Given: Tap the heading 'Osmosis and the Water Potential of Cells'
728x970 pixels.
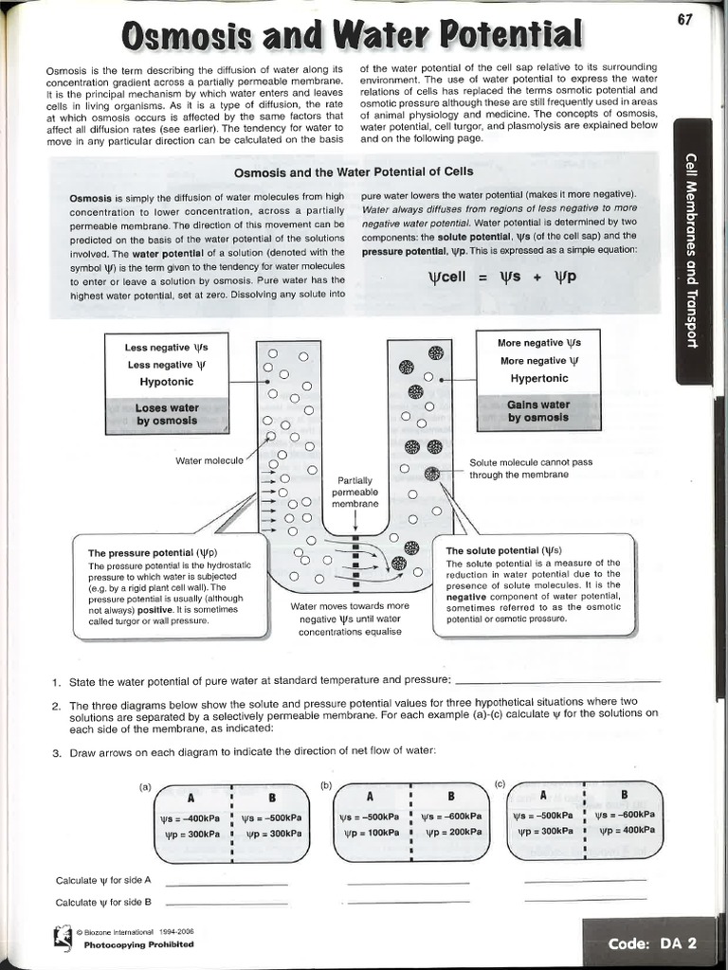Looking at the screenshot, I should [354, 172].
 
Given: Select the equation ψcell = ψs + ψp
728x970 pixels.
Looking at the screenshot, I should [503, 278].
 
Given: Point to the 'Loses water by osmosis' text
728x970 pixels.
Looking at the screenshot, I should [167, 414].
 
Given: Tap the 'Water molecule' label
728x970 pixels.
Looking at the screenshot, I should [209, 460].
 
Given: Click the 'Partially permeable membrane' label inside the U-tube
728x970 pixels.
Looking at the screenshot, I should [355, 493].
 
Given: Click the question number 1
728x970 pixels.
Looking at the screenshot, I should [57, 681].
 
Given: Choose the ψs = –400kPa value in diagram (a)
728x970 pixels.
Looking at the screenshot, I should [192, 817].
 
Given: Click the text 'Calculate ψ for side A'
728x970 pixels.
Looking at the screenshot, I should [104, 881].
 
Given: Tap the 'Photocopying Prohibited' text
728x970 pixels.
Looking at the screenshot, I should [138, 944].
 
